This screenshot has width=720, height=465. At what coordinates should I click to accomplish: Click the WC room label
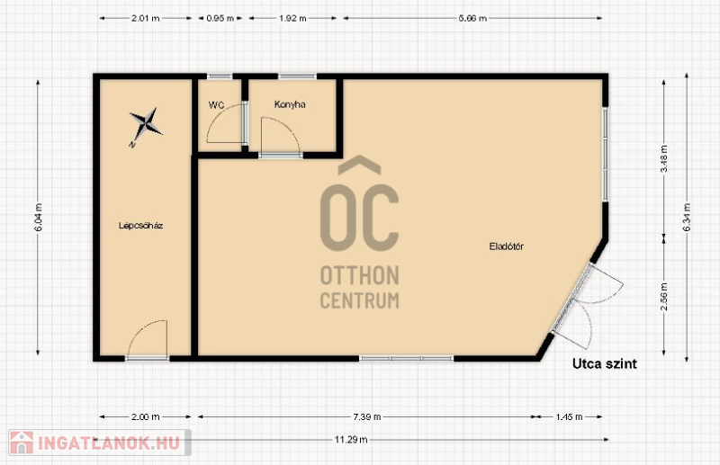(x=216, y=104)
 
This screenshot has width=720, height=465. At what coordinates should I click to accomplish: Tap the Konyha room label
(x=290, y=104)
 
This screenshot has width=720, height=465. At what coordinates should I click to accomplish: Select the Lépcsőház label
(x=140, y=226)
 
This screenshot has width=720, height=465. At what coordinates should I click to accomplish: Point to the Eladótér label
(x=506, y=246)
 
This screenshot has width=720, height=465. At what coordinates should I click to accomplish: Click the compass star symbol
(x=145, y=124)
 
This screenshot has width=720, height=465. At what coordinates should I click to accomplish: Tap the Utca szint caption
(x=604, y=363)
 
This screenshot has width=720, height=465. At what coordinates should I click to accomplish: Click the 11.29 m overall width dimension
(x=351, y=440)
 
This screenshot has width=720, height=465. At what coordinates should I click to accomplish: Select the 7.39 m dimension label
(x=367, y=416)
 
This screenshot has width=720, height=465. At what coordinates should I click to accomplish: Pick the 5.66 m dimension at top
(x=472, y=18)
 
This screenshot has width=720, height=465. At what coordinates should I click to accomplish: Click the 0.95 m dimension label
(x=220, y=18)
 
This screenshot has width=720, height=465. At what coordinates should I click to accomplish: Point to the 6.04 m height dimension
(x=38, y=217)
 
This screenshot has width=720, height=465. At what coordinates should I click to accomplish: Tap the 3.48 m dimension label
(x=664, y=158)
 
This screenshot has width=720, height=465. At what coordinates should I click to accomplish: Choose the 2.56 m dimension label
(x=664, y=296)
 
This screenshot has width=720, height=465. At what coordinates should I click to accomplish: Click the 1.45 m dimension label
(x=569, y=416)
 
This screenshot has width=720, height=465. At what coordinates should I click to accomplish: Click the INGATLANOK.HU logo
(x=99, y=443)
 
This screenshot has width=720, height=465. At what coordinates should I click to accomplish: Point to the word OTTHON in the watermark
(x=359, y=275)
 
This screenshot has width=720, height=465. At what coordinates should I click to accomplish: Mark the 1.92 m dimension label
(x=292, y=18)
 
